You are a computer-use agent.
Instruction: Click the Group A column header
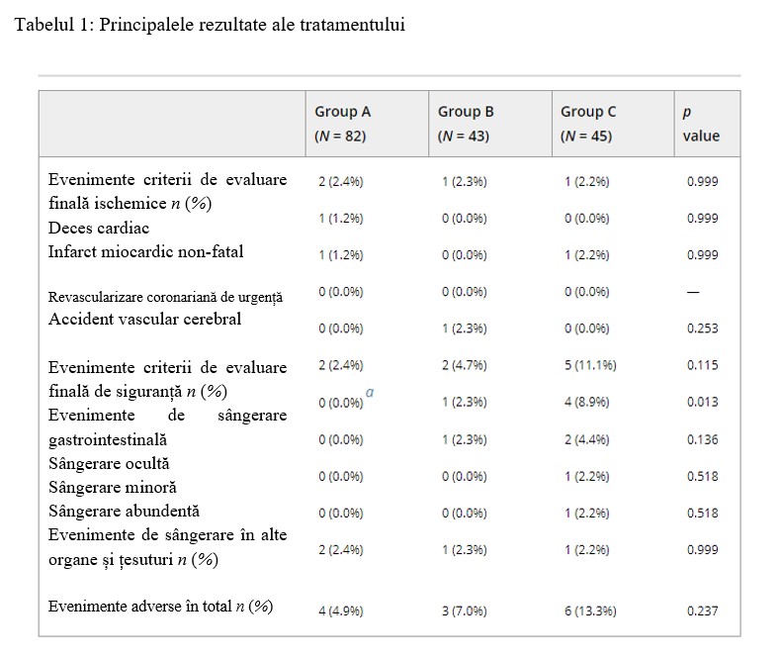(x=342, y=124)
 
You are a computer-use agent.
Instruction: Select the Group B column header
(x=466, y=124)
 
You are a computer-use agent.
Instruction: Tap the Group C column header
(x=588, y=124)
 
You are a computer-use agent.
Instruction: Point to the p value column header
(x=701, y=125)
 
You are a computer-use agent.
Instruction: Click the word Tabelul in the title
(x=44, y=24)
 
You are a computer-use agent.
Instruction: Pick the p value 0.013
(x=703, y=402)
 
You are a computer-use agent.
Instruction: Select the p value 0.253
(x=703, y=329)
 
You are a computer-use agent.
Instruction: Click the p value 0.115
(x=703, y=365)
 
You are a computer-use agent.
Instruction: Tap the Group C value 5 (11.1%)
(x=591, y=365)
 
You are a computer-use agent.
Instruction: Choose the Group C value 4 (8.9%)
(x=587, y=402)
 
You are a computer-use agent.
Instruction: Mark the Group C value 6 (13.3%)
(x=591, y=611)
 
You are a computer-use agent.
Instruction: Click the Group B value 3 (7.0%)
(x=465, y=611)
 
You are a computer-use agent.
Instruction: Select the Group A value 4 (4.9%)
(x=341, y=611)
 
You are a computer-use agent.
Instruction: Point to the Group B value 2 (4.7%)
(x=465, y=365)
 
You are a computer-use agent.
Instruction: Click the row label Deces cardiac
(x=99, y=228)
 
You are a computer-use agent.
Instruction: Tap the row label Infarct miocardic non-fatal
(x=145, y=251)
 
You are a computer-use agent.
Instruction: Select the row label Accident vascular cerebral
(x=144, y=319)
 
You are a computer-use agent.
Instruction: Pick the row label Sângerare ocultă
(x=109, y=464)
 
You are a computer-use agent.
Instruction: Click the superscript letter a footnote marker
(x=370, y=392)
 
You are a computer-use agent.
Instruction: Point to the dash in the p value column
(x=693, y=292)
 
